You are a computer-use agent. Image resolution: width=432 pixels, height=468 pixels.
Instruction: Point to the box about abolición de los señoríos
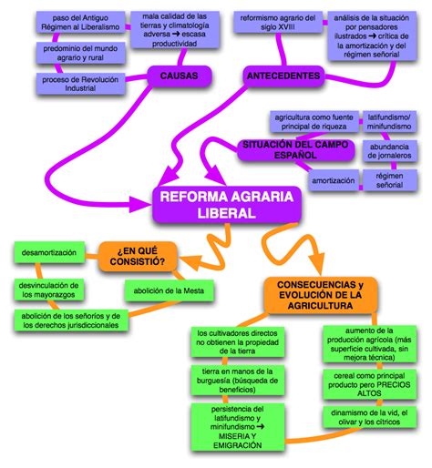tap(66, 320)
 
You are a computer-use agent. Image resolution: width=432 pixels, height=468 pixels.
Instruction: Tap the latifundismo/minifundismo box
tap(388, 122)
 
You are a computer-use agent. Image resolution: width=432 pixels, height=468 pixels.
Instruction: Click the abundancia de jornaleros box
tap(389, 152)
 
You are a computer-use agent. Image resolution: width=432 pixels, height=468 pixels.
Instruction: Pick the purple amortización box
tap(334, 181)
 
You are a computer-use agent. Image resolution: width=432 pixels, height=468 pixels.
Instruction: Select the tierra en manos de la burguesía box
tap(233, 381)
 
